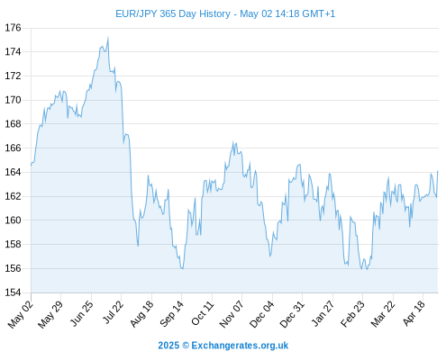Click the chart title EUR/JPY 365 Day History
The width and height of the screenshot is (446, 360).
pos(173,14)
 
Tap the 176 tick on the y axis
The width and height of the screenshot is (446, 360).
pos(13,28)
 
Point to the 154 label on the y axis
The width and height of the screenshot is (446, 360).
pos(13,292)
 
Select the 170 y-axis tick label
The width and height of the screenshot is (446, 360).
pos(13,100)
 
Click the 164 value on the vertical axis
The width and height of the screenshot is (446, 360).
pos(13,172)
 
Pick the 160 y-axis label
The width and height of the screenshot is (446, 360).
pos(13,220)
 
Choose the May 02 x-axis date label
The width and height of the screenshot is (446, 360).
pos(21,314)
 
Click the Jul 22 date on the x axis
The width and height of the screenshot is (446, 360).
pos(113,312)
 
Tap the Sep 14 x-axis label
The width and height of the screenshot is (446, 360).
pos(172,313)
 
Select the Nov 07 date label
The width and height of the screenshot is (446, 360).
pos(232,314)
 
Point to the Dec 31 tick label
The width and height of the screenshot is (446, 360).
pos(292,314)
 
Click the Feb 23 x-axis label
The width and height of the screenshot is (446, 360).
pos(352,313)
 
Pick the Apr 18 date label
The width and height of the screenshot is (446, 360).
pos(414,313)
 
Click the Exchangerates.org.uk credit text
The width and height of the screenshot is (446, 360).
pos(240,346)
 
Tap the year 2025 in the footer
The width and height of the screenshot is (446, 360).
pos(168,346)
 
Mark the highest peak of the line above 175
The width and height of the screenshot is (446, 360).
pos(108,37)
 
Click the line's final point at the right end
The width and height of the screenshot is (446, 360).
pos(438,171)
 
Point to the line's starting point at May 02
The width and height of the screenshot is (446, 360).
pos(31,165)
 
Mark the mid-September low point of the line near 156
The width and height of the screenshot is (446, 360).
pos(183,268)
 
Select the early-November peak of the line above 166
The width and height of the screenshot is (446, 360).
pos(233,141)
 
